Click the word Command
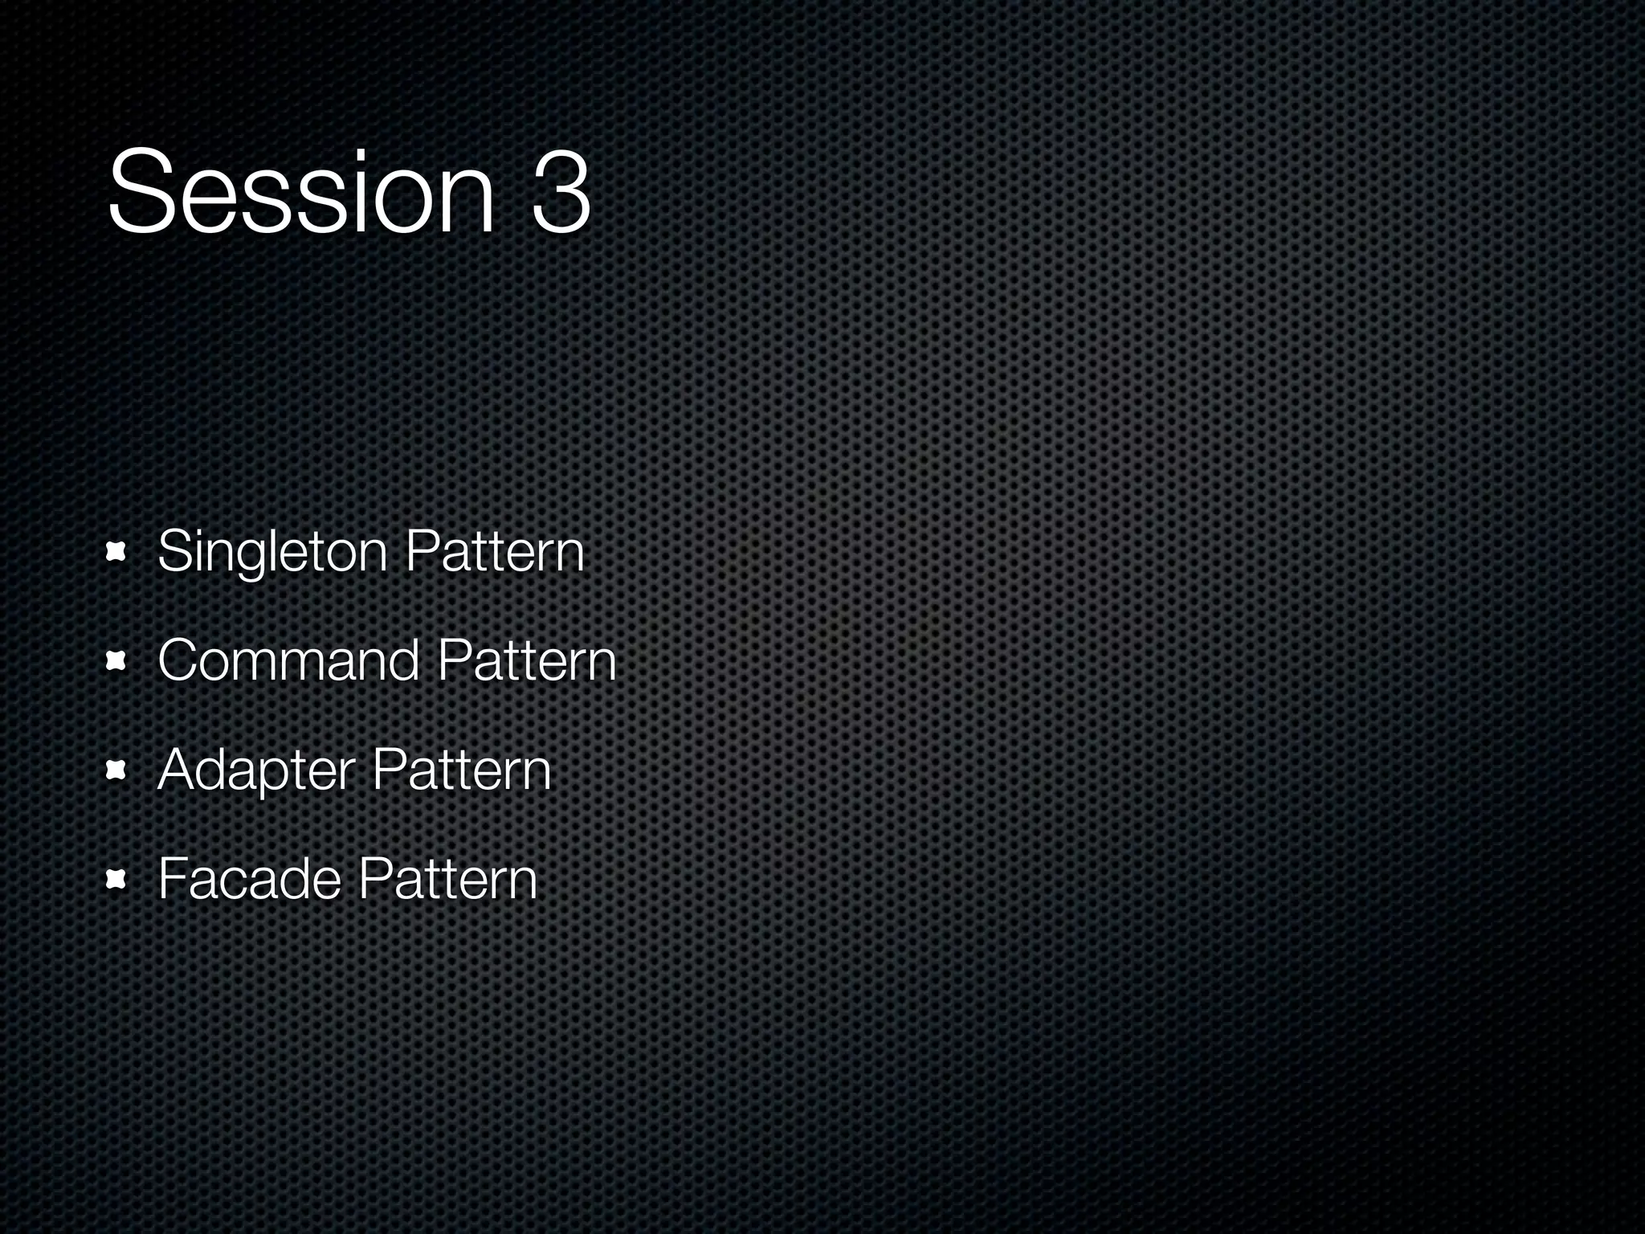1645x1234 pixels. pos(288,661)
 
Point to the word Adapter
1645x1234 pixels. pos(256,770)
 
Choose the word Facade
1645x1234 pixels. pos(249,878)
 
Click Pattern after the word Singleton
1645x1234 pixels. pos(495,553)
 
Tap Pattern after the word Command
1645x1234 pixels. pos(527,661)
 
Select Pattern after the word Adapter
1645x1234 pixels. pos(462,770)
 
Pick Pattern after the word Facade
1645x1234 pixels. pos(447,878)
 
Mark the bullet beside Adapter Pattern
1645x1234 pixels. pos(117,770)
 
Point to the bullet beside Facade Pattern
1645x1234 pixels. pos(117,880)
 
